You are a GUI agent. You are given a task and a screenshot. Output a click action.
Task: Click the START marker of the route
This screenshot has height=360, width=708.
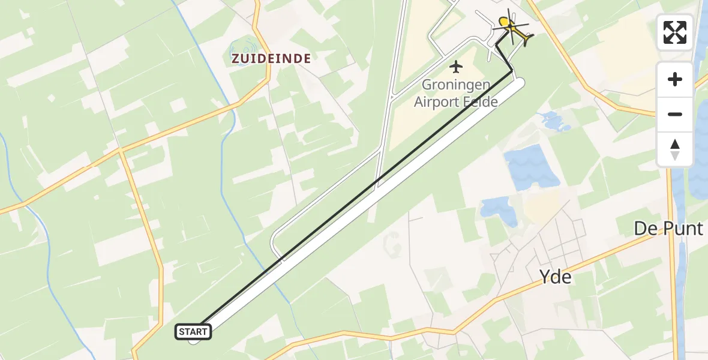193,332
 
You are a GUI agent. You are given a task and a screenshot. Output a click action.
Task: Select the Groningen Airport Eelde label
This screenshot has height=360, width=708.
456,93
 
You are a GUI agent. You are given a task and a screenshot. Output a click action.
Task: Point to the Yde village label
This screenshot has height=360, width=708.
555,277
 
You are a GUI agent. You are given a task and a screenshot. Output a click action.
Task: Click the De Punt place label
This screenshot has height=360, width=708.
668,229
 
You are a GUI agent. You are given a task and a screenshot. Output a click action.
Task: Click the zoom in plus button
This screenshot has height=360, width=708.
675,79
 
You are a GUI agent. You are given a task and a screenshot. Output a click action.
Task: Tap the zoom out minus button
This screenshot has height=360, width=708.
675,114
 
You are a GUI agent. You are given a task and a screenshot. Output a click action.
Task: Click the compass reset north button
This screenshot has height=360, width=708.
675,149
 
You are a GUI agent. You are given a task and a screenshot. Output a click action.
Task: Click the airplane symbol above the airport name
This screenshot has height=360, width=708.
457,67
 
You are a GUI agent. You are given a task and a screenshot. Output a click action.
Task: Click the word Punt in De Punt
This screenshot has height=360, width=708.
682,229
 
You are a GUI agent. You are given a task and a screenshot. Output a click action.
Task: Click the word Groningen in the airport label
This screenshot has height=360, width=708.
456,85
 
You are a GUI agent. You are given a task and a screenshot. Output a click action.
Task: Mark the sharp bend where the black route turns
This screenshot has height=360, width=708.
512,71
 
